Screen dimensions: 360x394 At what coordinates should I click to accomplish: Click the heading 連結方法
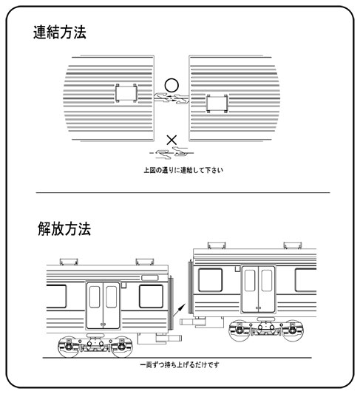point(60,33)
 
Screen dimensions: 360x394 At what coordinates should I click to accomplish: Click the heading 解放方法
point(64,228)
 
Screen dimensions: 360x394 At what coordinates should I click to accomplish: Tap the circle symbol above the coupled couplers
point(171,85)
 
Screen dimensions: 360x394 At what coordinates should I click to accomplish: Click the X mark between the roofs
point(171,140)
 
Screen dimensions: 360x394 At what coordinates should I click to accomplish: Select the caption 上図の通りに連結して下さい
point(183,170)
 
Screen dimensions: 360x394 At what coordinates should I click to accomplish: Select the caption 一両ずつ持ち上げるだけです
point(180,364)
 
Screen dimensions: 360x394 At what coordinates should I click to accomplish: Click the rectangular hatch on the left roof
point(126,93)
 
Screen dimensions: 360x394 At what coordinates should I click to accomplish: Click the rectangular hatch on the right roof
point(217,103)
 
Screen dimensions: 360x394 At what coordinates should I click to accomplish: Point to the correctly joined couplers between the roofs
point(171,98)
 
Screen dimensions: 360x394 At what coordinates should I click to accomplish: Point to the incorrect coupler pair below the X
point(171,153)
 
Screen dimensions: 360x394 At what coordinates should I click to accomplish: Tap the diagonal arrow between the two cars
point(180,309)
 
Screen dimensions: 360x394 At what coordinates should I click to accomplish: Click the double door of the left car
point(103,305)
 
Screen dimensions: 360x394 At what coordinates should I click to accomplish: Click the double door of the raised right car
point(258,290)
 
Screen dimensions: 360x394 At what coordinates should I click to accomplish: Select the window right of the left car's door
point(151,296)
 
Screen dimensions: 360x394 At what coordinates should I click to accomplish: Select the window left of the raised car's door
point(210,280)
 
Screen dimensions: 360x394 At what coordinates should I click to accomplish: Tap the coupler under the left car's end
point(169,339)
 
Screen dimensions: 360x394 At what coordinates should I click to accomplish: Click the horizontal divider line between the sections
point(183,193)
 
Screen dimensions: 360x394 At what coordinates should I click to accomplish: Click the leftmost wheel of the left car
point(68,347)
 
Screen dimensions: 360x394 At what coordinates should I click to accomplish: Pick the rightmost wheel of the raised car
point(293,330)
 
